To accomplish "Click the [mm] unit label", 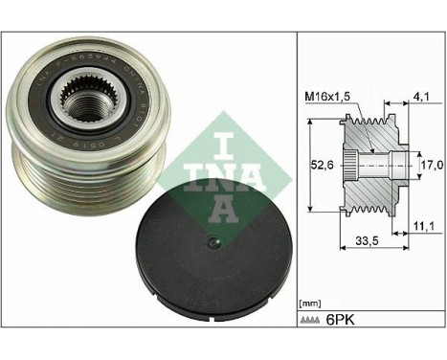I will click(x=310, y=302).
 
